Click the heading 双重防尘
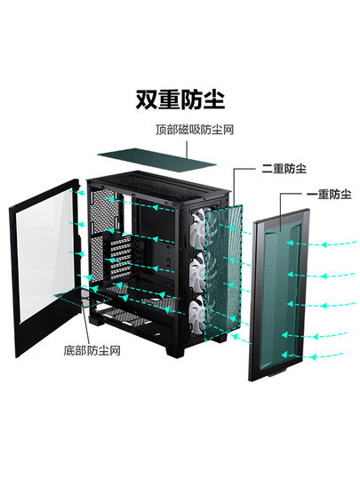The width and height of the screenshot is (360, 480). click(180, 100)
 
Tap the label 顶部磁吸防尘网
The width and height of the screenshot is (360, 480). click(195, 130)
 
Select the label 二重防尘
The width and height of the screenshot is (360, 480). click(284, 169)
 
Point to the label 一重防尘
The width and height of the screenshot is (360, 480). click(329, 194)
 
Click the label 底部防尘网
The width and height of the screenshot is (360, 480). click(92, 350)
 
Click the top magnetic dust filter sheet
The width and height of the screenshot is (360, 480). click(157, 156)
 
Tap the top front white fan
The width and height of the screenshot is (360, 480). click(199, 227)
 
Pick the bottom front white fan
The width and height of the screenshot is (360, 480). click(198, 316)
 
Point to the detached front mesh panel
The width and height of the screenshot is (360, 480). click(278, 294)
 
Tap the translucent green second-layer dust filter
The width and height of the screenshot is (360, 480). click(222, 273)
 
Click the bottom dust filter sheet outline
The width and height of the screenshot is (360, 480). click(83, 296)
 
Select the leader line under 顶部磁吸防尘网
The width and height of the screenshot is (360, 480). click(187, 149)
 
